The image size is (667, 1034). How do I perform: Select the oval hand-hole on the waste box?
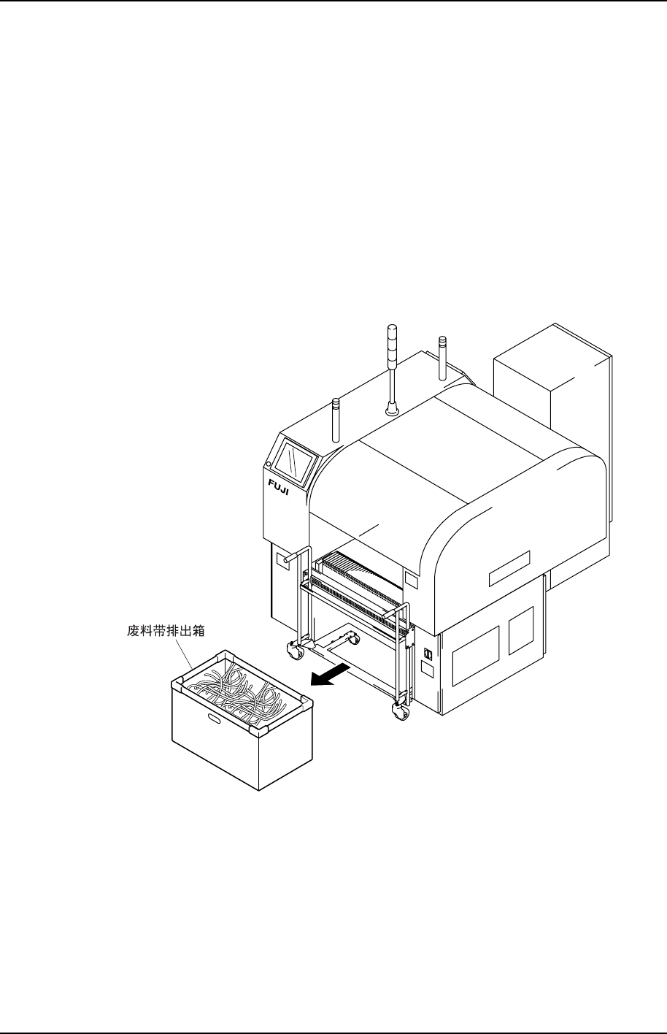click(217, 720)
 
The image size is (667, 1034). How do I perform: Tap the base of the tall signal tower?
click(392, 411)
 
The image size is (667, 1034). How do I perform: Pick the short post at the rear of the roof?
click(442, 357)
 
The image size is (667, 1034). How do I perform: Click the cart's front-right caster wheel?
click(399, 710)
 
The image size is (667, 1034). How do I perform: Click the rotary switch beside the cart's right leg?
click(428, 654)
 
